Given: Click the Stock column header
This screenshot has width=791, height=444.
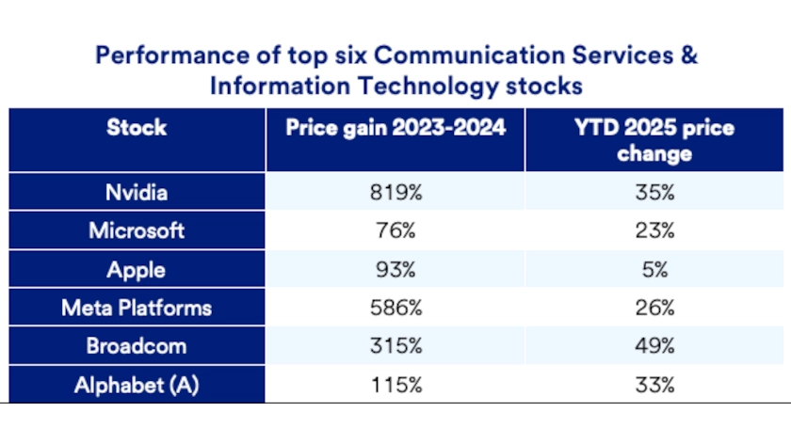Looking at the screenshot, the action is coord(137,128).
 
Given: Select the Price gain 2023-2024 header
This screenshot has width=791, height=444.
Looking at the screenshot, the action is coord(395,128).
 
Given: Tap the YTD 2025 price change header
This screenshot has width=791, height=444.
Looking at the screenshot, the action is coord(654,140).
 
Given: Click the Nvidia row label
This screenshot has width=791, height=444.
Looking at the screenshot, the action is coord(137,193).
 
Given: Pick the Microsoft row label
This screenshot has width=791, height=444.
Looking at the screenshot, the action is coord(137,230).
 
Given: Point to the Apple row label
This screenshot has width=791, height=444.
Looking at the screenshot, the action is coord(137,271).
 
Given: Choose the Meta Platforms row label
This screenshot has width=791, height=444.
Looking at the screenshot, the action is coord(137,308).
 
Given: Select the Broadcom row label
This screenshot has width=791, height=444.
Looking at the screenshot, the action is coord(137,346).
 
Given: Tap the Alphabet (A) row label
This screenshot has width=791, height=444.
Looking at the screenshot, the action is coord(137,386).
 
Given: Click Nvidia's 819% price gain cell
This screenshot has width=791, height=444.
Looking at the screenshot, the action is coord(396,193).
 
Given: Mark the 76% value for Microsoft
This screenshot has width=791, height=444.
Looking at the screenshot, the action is coord(396,230).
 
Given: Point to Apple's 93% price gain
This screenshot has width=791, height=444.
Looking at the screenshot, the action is coord(396,270).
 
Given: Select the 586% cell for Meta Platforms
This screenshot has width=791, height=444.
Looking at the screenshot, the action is coord(396,308).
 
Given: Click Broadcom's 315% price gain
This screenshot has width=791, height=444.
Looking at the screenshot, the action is coord(396,346).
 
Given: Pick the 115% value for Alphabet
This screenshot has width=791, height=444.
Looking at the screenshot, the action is coord(396,386).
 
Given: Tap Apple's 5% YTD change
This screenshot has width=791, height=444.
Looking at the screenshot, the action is coord(654,270).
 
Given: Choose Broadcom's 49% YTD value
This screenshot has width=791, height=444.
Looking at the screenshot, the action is coord(654,346).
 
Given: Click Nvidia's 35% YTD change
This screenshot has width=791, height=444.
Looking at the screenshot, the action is coord(654,193).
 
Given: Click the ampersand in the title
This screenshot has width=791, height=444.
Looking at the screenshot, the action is coord(689,55).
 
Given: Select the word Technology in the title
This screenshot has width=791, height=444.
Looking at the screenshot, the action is coord(428,87).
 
